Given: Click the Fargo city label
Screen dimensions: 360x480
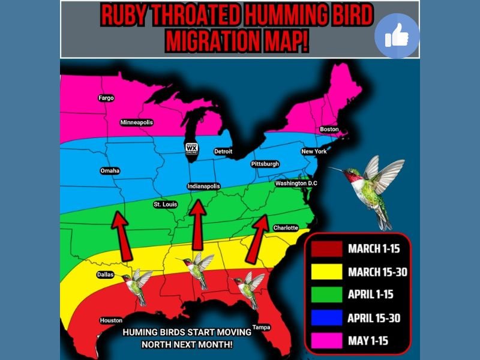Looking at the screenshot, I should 106,98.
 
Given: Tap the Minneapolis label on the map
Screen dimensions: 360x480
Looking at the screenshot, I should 137,122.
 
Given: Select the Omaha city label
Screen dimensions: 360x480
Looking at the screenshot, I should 110,171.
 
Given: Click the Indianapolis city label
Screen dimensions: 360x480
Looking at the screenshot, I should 204,186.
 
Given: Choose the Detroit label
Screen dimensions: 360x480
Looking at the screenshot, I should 223,152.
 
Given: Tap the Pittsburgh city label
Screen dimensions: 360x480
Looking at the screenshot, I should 265,164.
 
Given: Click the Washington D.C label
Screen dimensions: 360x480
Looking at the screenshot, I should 296,183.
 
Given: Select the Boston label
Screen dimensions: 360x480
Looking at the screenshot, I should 329,130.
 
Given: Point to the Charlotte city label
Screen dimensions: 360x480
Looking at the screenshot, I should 286,228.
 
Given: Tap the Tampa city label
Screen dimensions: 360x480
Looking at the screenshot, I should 262,327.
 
